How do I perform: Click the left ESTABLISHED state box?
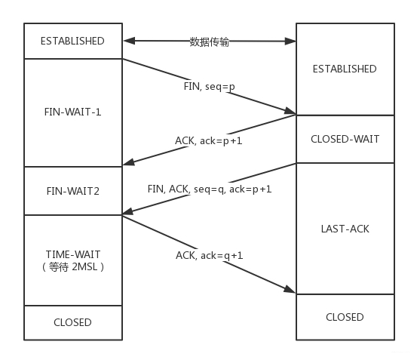coord(72,41)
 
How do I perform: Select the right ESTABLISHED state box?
coord(344,69)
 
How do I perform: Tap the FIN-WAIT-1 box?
coord(72,112)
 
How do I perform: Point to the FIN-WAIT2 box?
coord(72,191)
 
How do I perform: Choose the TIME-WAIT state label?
coord(72,254)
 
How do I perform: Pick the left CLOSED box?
coord(72,322)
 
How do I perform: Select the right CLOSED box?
coord(344,317)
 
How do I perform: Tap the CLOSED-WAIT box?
coord(344,139)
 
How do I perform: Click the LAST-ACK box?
coord(344,228)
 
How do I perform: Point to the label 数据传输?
coord(209,42)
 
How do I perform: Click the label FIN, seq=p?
coord(210,87)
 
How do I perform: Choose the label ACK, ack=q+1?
coord(209,255)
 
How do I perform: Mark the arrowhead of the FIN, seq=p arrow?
coord(291,112)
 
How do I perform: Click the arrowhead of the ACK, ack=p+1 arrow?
coord(127,161)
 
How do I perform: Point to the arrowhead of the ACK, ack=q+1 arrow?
coord(291,290)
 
